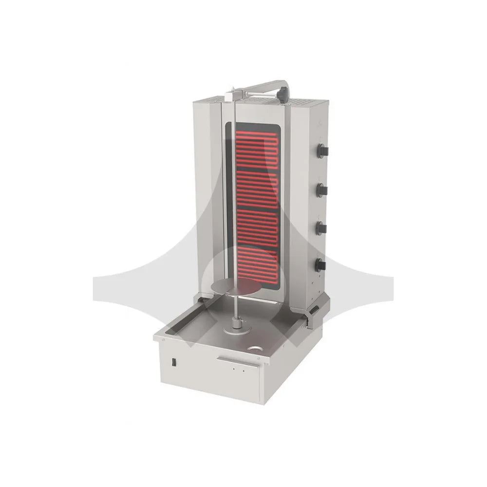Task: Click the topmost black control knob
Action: (322, 150)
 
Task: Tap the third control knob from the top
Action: (321, 227)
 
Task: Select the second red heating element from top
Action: (255, 187)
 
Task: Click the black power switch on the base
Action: (172, 362)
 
